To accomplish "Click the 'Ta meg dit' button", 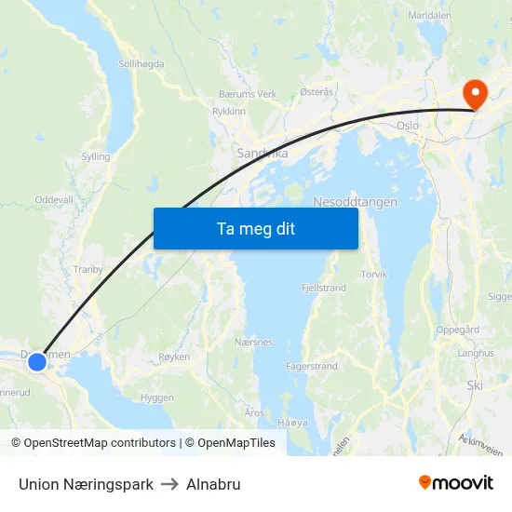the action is coord(255,228).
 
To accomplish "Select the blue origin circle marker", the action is coord(36,361).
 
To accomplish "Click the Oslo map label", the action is coord(408,125).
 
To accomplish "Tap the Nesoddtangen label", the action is coord(356,202).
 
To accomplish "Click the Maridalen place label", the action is coord(429,16).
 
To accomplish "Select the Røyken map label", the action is coord(174,357).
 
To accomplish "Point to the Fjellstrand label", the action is coord(324,288).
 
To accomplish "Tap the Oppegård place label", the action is coord(457,330).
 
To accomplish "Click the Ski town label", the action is coord(476,384).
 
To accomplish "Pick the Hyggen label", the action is coord(156,397).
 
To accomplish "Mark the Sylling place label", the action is coord(95,157).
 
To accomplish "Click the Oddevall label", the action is coord(53,200).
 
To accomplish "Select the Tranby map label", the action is coord(88,270).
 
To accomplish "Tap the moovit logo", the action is coord(456,483).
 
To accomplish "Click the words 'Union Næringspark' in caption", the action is coord(86,484).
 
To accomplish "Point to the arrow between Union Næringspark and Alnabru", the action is coord(169,484).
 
